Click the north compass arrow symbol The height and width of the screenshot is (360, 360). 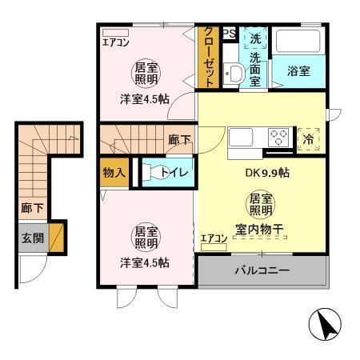tap(323, 325)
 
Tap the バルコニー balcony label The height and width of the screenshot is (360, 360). tap(262, 271)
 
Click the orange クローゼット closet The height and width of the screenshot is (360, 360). tap(208, 58)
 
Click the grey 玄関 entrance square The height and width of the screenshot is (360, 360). tap(32, 238)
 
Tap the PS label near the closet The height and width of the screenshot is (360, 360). tap(229, 34)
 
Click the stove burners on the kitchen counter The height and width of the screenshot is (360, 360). tap(279, 135)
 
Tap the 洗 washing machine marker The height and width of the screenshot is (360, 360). tap(255, 38)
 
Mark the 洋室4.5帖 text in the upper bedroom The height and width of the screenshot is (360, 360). tap(145, 98)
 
